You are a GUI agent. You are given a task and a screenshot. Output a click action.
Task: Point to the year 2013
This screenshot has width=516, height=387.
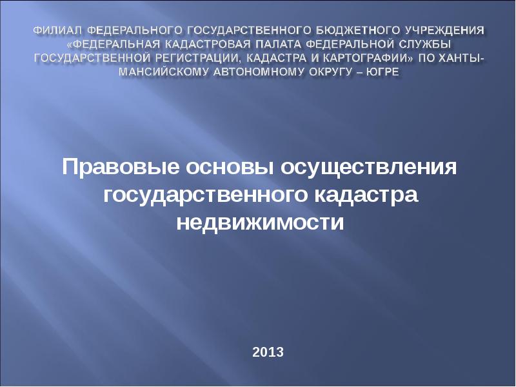click(x=268, y=352)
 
